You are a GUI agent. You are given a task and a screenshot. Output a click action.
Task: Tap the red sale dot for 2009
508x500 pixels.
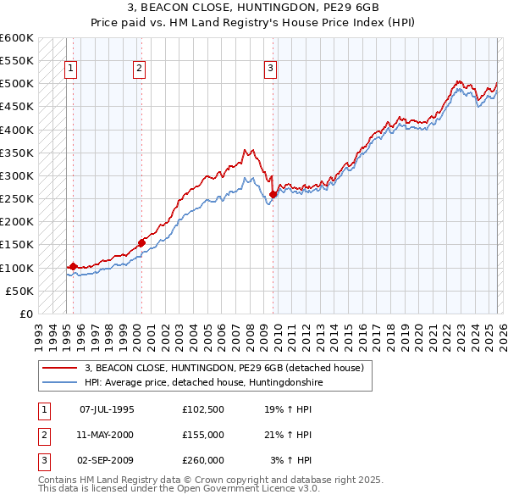[273, 194]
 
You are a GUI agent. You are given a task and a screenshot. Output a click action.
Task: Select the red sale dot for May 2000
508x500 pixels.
[141, 242]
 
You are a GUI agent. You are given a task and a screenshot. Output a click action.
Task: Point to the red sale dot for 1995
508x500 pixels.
[74, 266]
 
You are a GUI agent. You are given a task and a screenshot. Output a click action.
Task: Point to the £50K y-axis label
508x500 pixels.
[20, 291]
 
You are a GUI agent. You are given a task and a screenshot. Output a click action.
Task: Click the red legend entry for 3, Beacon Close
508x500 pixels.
[224, 368]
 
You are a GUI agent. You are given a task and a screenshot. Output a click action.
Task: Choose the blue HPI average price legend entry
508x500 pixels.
[203, 382]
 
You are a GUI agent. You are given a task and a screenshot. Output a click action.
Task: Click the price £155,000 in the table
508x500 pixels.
[202, 435]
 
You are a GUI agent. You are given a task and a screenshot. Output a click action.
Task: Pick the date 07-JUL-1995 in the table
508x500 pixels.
[107, 409]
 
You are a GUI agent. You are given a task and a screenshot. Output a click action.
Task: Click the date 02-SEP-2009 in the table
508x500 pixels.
[107, 460]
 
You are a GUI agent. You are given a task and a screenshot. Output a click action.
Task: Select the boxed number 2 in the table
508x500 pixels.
[41, 435]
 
